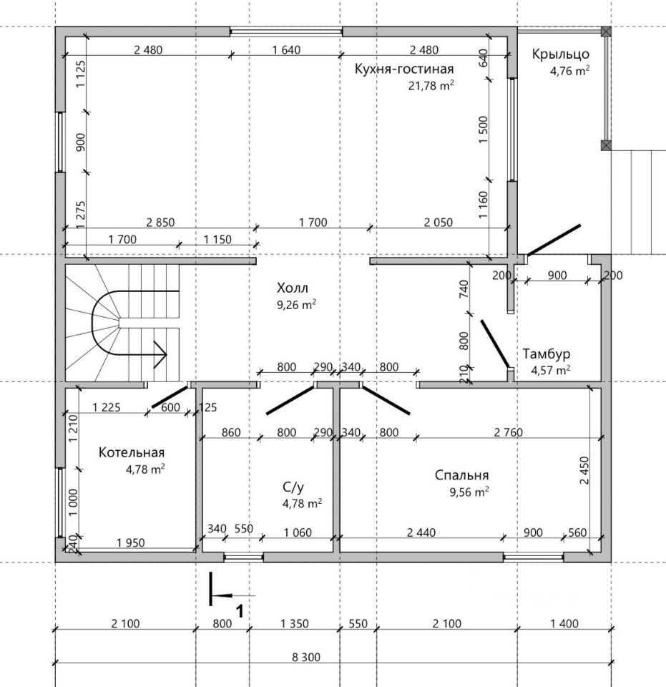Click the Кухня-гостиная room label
point(403,69)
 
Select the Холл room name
point(292,288)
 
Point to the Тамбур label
point(546,354)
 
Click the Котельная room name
point(132,452)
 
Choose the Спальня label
point(461,475)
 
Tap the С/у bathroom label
point(293,487)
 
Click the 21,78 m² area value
point(431,85)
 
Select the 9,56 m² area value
point(469,492)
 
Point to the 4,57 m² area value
point(550,370)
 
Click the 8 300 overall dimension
point(306,657)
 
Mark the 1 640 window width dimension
point(286,50)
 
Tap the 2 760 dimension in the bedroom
point(509,432)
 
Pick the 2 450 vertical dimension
point(584,470)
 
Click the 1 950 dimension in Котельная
point(130,543)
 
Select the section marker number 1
point(240,610)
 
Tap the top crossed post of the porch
point(606,31)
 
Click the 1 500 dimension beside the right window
point(483,130)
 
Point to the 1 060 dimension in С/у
point(298,532)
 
